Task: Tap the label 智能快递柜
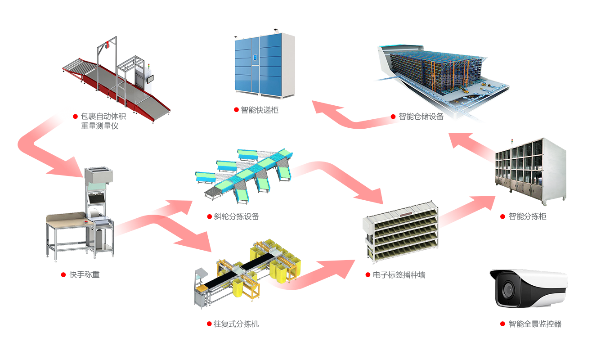point(260,110)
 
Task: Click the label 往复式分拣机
point(236,324)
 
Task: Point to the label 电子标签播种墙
point(399,274)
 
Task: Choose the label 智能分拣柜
point(527,216)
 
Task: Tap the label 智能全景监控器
point(535,324)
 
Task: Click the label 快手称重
point(85,274)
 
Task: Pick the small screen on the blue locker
point(255,57)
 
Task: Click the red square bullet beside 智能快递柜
point(236,110)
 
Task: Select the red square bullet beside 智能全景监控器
point(502,324)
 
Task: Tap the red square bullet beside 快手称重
point(63,274)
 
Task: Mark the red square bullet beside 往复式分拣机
point(209,324)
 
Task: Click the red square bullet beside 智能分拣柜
point(503,216)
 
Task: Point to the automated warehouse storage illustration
point(441,81)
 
